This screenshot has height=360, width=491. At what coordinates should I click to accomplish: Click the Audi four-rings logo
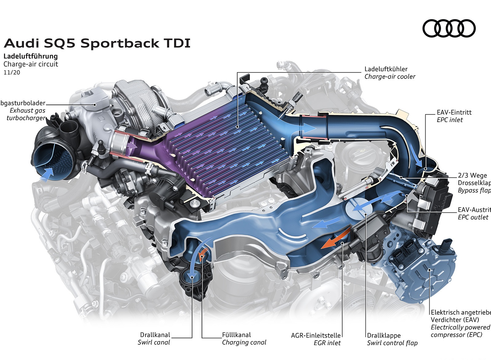tap(449, 29)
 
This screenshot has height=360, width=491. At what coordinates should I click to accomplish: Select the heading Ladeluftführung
tap(30, 56)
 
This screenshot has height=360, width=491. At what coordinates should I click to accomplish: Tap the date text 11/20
tap(12, 72)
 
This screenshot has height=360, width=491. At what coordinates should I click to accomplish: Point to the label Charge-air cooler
tap(390, 77)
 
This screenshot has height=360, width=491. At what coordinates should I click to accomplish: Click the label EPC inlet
tap(450, 120)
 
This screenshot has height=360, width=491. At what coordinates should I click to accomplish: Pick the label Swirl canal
tap(154, 343)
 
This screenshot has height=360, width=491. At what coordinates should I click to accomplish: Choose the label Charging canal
tap(244, 343)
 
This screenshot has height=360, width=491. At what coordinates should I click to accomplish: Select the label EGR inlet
tap(327, 343)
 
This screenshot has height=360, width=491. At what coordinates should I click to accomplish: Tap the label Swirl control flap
tap(392, 343)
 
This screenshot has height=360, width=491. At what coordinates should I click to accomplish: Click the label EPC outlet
tap(473, 217)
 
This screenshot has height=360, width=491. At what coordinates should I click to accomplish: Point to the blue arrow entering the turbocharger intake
tap(48, 173)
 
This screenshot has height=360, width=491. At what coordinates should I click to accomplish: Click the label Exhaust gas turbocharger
tap(26, 114)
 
